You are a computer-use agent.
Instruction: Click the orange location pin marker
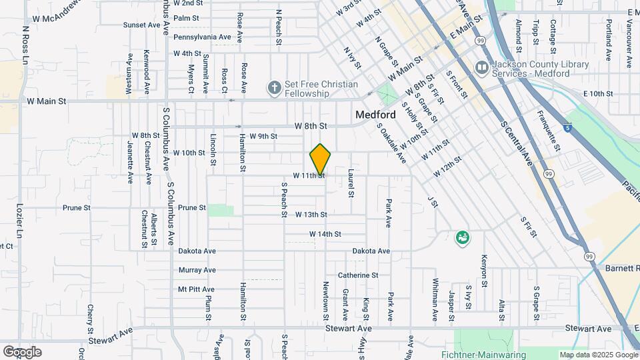pos(321,159)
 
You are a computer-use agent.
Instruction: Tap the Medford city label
pos(376,115)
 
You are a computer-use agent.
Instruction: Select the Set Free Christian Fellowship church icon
pos(273,87)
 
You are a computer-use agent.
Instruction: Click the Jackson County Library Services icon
pos(481,68)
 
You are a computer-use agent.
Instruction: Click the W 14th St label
pos(325,234)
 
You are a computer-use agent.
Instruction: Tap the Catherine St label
pos(358,275)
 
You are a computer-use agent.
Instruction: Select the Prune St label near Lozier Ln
pos(77,208)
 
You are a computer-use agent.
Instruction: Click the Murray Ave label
pos(197,270)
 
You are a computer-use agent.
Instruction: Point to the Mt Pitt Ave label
pos(196,289)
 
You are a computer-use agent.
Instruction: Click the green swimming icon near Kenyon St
pos(461,237)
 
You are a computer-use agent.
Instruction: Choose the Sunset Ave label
pos(142,25)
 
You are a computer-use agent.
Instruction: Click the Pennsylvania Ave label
pos(202,37)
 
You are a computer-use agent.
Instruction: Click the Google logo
pos(22,351)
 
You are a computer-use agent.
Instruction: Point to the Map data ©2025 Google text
pos(597,355)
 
